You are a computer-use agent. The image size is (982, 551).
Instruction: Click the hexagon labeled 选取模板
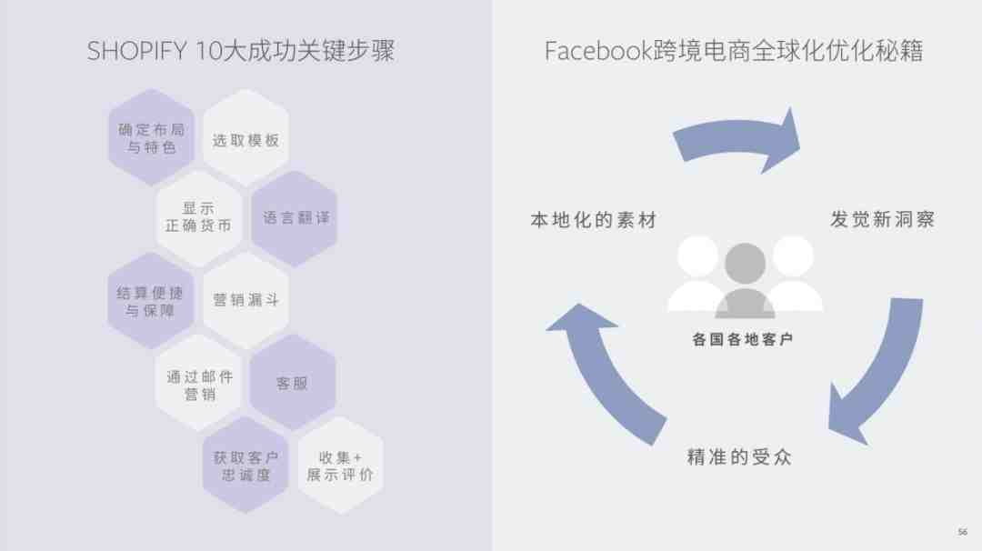[245, 140]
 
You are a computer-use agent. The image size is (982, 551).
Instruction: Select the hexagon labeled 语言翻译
[294, 218]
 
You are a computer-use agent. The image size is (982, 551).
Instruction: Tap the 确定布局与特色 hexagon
[151, 138]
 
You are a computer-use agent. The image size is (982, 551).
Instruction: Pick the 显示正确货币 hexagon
[198, 218]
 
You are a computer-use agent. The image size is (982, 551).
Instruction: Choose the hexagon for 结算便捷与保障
[151, 301]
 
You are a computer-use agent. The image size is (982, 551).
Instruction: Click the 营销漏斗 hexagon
[245, 300]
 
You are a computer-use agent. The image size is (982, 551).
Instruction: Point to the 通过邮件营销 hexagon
[199, 384]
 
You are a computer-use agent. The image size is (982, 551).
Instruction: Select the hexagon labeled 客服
[293, 383]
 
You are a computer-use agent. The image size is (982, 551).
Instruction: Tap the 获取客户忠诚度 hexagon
[245, 466]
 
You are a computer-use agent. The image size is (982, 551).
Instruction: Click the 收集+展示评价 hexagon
[339, 466]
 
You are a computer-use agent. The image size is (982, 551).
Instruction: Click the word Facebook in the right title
[597, 51]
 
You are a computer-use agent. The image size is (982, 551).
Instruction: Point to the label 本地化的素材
[593, 220]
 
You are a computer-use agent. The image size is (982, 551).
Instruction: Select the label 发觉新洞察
[882, 219]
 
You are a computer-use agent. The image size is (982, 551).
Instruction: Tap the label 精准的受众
[739, 456]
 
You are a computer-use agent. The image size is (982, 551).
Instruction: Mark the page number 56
[963, 532]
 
